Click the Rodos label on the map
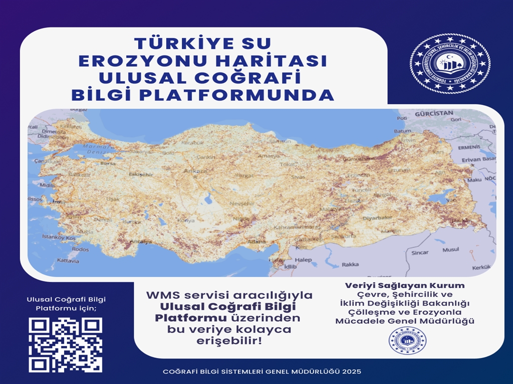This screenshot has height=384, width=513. coord(80,249)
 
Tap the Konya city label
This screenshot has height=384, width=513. coord(186,220)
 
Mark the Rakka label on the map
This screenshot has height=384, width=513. coord(350,264)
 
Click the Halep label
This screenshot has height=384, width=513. coord(303,260)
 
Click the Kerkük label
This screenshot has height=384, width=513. coord(481,268)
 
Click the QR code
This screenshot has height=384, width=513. coord(66,345)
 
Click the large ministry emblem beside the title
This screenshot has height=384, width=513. coord(450,63)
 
